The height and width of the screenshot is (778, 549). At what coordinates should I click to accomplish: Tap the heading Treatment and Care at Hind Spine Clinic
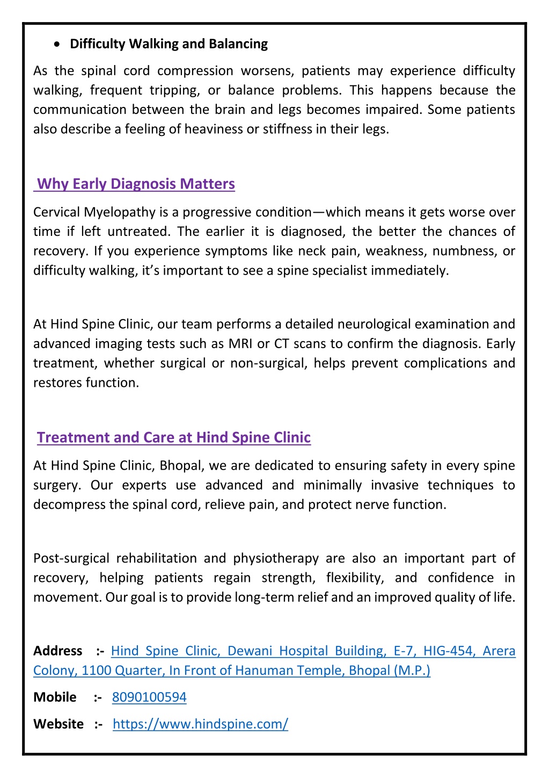click(x=174, y=438)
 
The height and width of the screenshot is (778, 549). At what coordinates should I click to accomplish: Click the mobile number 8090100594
click(x=149, y=697)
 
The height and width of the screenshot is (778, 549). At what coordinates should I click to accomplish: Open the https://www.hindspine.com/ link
click(x=200, y=724)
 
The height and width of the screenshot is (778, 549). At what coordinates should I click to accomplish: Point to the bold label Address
click(x=57, y=651)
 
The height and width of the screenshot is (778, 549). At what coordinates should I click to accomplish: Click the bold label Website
click(x=58, y=724)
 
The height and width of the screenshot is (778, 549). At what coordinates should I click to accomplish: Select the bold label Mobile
click(x=55, y=697)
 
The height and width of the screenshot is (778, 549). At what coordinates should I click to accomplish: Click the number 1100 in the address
click(x=97, y=671)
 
